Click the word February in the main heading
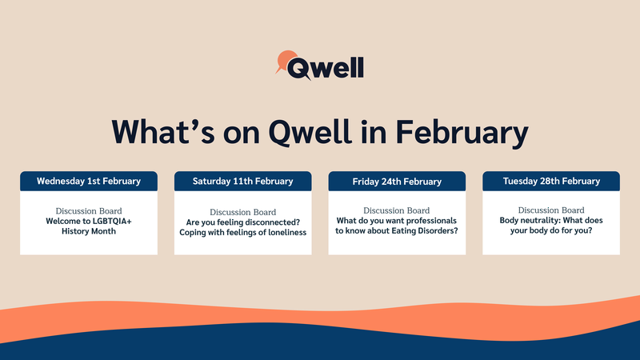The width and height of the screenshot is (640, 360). coord(462,133)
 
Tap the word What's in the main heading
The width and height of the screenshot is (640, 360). coord(163,132)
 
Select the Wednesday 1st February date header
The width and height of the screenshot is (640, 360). coord(89,182)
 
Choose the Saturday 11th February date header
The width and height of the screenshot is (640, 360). coord(243,182)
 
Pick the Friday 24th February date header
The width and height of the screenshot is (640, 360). coord(397,182)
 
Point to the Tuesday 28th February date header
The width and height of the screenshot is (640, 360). coord(551,182)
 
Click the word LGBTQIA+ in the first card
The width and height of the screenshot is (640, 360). coord(112,222)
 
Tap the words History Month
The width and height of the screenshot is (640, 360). coord(89,231)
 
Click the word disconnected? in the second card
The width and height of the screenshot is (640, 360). coord(270,222)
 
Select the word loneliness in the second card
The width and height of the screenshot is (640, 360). coord(287,232)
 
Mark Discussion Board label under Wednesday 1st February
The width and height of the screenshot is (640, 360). coord(89,211)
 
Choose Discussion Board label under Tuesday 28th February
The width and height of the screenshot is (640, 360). coord(551,210)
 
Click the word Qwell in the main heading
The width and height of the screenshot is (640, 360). coord(310,133)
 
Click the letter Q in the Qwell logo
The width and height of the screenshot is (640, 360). coord(299,68)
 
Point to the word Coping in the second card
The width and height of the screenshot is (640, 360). coord(192,233)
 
